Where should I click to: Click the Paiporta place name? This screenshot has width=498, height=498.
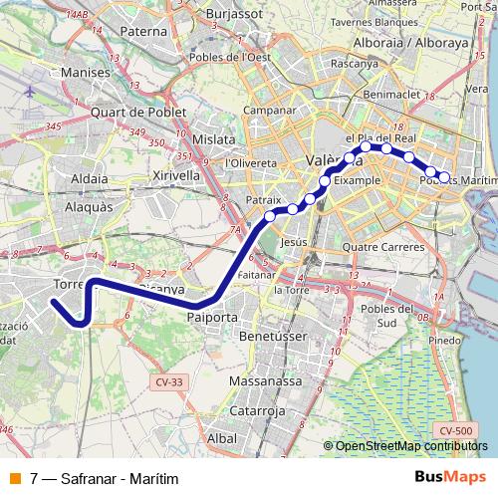[212, 317]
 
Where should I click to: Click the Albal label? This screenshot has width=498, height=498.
[222, 438]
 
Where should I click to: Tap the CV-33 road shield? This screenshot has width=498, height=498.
[171, 381]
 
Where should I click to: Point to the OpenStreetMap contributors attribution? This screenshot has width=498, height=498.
[412, 446]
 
